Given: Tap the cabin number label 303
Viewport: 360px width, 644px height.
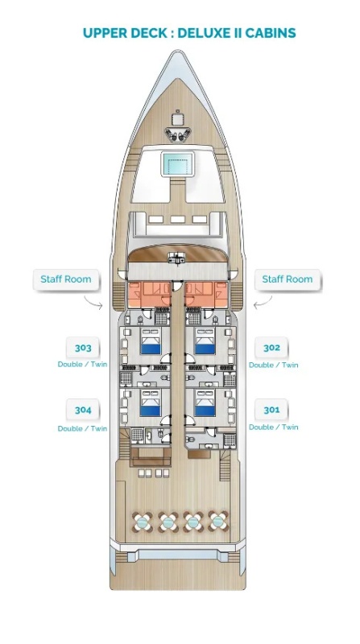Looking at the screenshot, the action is [x=83, y=349].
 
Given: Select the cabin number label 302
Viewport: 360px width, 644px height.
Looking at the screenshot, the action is [x=271, y=348].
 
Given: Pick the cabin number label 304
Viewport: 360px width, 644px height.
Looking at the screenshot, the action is [x=83, y=410].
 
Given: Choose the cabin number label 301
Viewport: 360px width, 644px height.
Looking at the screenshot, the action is [x=271, y=410].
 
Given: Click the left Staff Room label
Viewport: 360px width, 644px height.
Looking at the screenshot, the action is [x=66, y=279].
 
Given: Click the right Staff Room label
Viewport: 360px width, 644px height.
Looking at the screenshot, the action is [x=288, y=279].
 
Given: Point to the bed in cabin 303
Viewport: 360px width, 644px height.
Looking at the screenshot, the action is [x=150, y=341].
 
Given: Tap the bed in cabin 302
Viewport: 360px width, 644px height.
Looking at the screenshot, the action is [x=205, y=341].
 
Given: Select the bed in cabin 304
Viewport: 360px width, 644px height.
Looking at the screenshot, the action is [x=150, y=403].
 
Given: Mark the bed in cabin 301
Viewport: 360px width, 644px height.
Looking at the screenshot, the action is [x=205, y=403].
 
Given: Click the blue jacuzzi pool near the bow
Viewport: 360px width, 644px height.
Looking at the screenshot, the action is [x=177, y=163].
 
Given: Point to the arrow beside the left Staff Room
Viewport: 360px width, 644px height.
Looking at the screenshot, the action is [x=94, y=303].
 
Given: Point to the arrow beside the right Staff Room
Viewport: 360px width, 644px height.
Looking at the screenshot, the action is [x=263, y=303].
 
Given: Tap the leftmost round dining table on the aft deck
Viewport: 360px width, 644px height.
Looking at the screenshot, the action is [x=143, y=522].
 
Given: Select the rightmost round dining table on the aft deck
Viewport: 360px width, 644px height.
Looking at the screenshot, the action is [x=218, y=522].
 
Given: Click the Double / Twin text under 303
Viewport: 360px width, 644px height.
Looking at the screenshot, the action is [x=82, y=365].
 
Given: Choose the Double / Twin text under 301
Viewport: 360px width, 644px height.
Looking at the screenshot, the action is [x=273, y=427].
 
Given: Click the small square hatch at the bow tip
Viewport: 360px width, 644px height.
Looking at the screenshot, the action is [x=177, y=119].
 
